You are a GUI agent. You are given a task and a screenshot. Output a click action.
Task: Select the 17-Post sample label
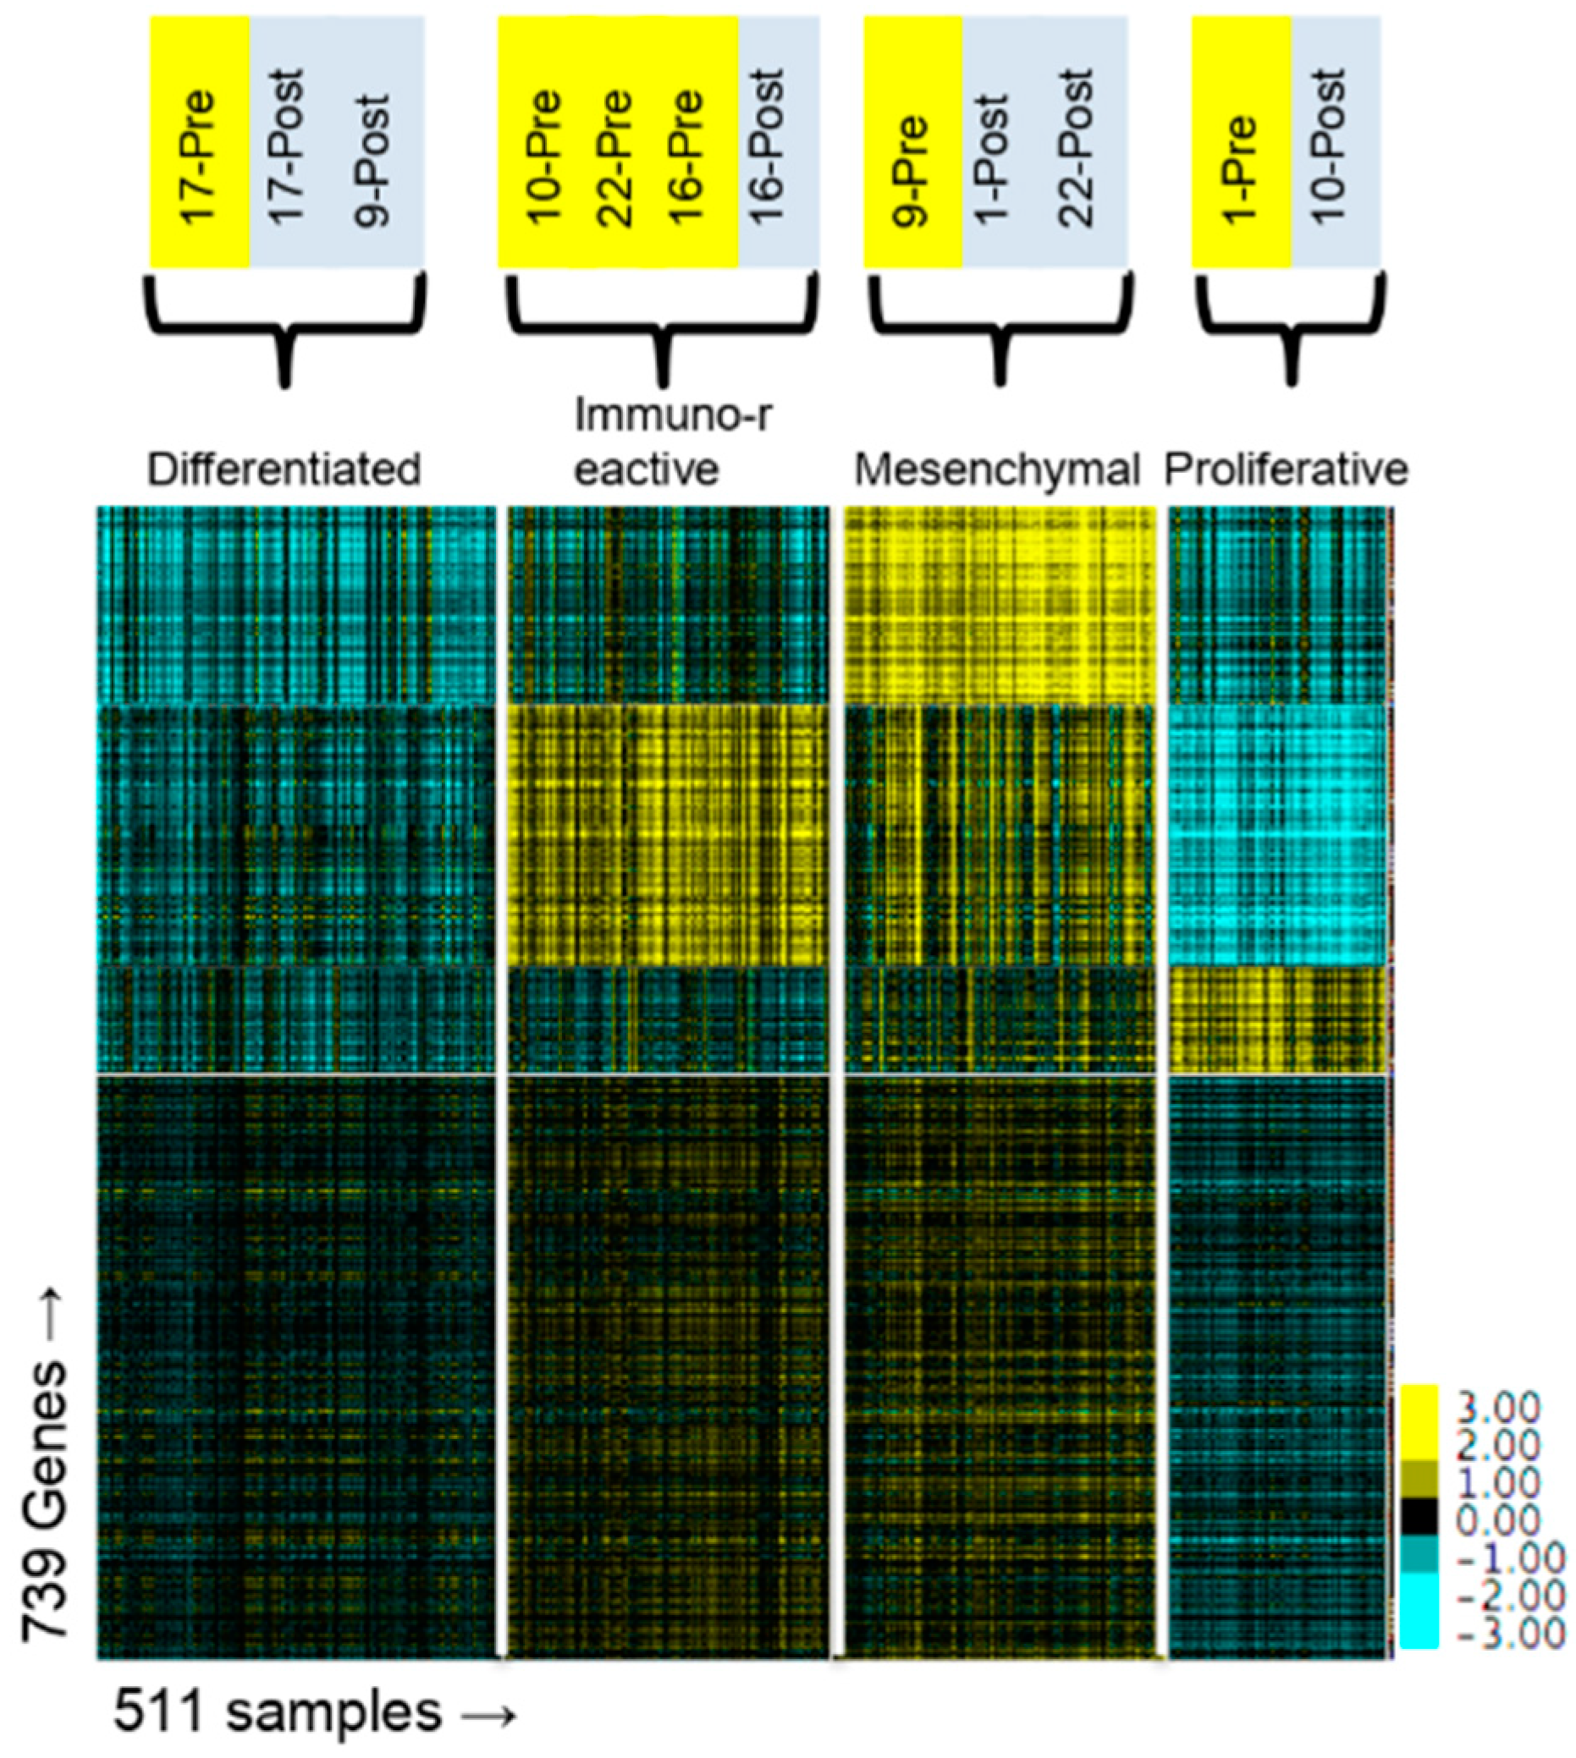(287, 147)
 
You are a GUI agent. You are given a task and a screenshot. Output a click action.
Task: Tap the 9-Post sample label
(373, 160)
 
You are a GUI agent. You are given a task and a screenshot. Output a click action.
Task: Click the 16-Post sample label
(767, 147)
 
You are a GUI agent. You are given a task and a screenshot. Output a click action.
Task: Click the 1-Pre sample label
(1240, 170)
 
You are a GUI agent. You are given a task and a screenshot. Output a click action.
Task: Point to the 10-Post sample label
(1329, 147)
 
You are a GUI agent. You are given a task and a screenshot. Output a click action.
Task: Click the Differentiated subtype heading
(284, 470)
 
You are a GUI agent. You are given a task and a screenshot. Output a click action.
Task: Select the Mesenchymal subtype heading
(997, 470)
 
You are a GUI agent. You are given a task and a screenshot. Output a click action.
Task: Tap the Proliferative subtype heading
(1286, 470)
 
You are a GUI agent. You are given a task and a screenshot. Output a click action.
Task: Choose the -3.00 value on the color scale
(1510, 1634)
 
